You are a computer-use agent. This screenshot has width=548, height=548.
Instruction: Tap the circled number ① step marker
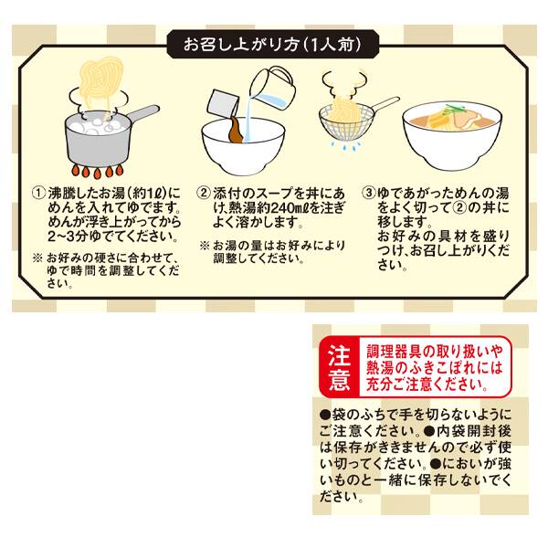tap(38, 194)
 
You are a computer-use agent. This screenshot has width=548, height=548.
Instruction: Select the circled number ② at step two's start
tap(205, 194)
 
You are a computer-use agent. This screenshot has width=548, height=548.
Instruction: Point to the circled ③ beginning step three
tap(369, 194)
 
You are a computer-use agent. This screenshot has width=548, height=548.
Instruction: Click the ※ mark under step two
tap(205, 246)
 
